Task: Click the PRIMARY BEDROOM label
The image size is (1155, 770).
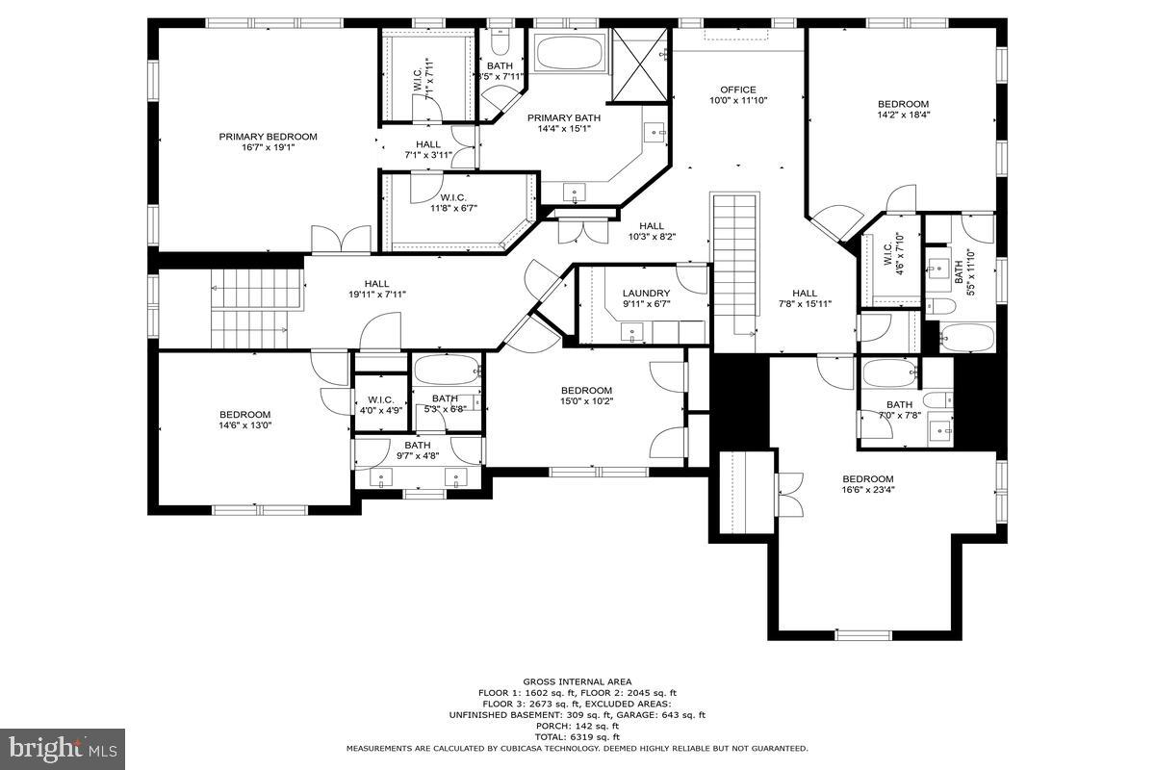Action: coord(268,137)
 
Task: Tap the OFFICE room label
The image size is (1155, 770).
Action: coord(738,90)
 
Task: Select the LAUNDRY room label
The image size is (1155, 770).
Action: coord(645,294)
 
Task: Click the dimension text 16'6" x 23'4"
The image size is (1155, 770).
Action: coord(868,490)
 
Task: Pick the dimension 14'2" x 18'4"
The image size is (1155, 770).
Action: coord(903,115)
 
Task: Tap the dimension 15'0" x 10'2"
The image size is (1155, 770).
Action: coord(586,401)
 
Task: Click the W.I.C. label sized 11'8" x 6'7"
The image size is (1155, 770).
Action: coord(460,207)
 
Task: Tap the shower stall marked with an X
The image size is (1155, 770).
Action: coord(639,64)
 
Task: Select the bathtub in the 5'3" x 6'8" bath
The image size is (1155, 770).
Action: coord(446,370)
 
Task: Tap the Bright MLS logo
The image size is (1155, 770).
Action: coord(64,746)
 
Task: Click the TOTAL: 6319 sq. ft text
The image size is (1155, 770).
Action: coord(577,736)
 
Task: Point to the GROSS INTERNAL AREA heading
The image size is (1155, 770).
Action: coord(577,681)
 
